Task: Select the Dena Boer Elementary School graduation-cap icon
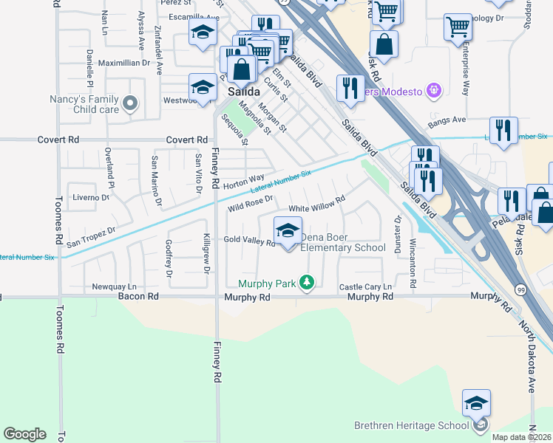[288, 230]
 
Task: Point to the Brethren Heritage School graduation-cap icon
[477, 404]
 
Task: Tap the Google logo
[24, 434]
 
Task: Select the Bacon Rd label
[138, 297]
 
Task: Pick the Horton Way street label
[243, 181]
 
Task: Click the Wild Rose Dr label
[251, 202]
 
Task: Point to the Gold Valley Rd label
[249, 241]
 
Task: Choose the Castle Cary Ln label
[364, 286]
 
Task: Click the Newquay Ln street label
[115, 286]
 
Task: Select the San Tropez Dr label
[91, 236]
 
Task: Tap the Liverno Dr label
[91, 197]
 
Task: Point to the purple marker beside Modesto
[433, 91]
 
